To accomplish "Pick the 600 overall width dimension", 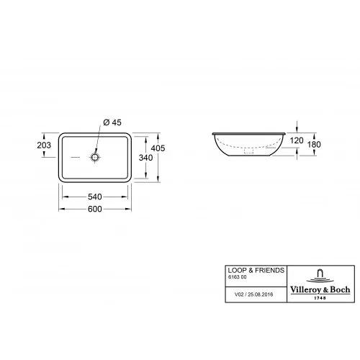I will coord(95,209).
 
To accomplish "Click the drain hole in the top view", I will coord(95,156).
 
